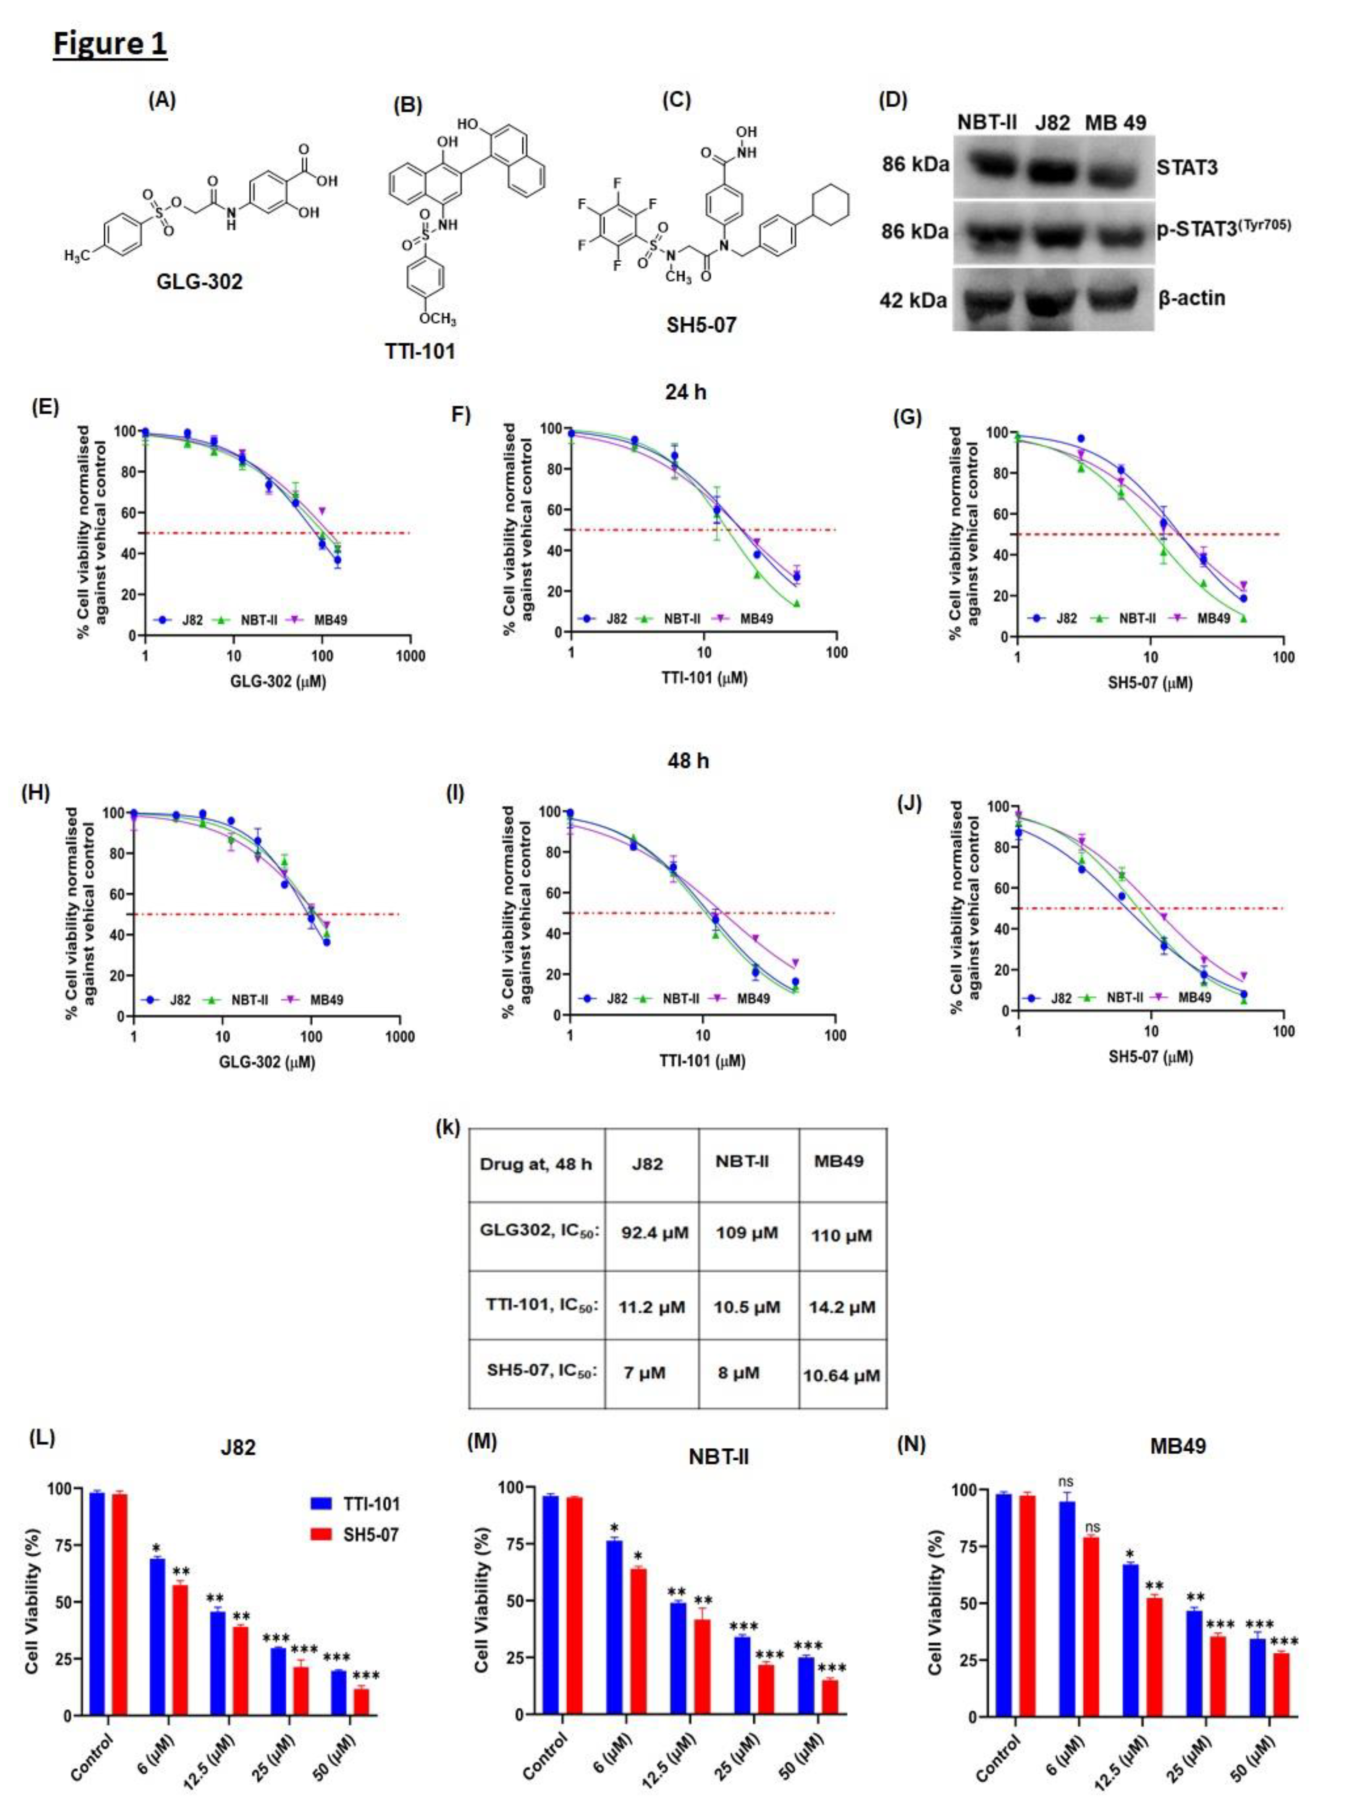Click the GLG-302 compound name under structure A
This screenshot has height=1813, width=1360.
pos(199,282)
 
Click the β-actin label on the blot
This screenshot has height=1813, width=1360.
pos(1191,298)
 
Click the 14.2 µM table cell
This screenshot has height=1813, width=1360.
pos(842,1307)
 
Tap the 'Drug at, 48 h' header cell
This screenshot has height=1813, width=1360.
pos(536,1164)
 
